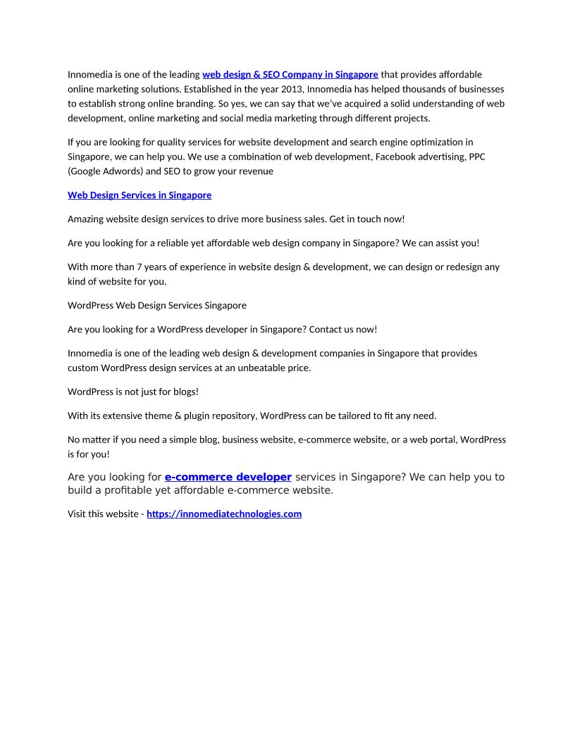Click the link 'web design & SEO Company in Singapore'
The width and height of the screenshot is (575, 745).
(x=290, y=74)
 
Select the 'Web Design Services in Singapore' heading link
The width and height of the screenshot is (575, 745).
(x=140, y=195)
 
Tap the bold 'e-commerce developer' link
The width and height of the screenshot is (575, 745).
(x=228, y=477)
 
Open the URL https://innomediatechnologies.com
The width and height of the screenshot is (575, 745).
(x=224, y=514)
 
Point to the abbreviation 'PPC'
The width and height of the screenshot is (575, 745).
(x=477, y=157)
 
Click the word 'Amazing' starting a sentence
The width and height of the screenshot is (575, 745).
(x=85, y=219)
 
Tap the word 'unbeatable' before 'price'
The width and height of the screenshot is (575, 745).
(x=262, y=368)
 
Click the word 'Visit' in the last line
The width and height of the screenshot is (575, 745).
(x=78, y=514)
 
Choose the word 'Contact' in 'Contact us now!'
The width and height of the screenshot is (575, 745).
(x=326, y=329)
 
